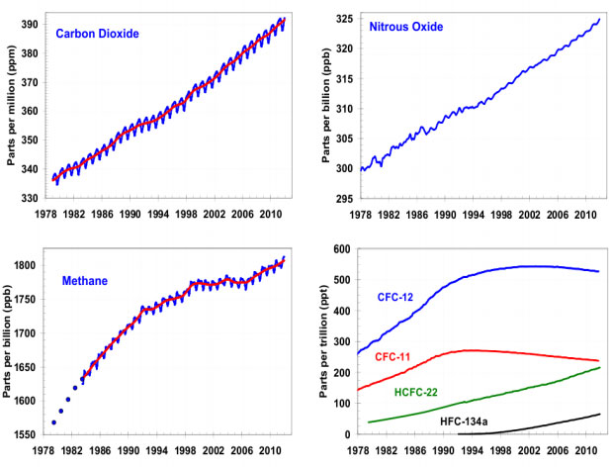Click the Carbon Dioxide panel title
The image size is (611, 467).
coord(97,34)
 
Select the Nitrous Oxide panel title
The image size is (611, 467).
coord(405,29)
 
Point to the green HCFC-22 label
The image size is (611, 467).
coord(419,393)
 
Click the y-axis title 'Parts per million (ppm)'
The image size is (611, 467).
coord(11,99)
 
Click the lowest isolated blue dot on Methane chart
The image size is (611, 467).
coord(53,422)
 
